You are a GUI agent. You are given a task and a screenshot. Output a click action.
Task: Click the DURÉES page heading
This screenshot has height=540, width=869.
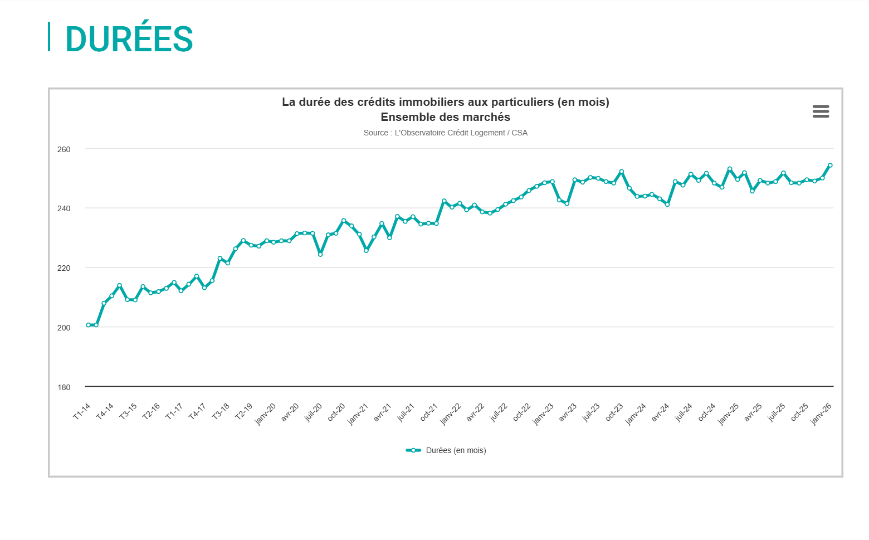tap(129, 39)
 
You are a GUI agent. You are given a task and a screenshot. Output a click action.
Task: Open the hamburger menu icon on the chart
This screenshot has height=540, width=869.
tap(821, 111)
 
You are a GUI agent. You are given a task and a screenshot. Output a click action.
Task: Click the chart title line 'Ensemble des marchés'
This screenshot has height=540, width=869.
tap(445, 117)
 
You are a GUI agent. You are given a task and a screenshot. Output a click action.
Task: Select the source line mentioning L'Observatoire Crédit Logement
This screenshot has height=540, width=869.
tap(445, 133)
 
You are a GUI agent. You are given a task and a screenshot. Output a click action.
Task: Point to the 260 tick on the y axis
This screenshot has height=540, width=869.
tap(64, 149)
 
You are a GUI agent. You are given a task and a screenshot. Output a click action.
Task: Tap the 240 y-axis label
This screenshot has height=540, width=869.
tap(64, 208)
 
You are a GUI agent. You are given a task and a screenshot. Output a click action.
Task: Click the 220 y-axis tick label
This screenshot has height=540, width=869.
tap(64, 268)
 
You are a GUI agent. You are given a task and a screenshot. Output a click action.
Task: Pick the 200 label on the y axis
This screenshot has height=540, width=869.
tap(64, 328)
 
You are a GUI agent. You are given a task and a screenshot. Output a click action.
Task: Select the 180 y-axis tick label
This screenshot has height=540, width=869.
tap(64, 387)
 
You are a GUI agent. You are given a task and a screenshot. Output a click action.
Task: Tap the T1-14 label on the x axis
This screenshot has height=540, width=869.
tap(82, 411)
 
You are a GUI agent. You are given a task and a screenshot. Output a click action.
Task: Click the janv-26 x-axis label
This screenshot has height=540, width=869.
tap(821, 413)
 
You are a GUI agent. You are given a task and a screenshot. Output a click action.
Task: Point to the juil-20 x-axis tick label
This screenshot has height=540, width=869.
tap(313, 412)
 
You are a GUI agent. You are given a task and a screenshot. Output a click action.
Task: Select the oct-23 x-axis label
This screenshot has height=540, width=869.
tap(614, 412)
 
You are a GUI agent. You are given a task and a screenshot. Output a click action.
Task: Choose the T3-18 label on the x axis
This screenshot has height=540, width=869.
tap(221, 411)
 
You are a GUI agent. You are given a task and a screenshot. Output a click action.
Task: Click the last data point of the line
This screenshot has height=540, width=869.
tap(830, 165)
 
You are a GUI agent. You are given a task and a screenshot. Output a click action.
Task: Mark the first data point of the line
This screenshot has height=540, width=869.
tap(88, 325)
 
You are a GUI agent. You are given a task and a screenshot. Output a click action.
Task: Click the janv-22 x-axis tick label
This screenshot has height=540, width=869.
tap(451, 413)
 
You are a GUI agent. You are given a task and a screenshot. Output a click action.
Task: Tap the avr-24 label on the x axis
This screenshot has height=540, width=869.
tap(660, 412)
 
